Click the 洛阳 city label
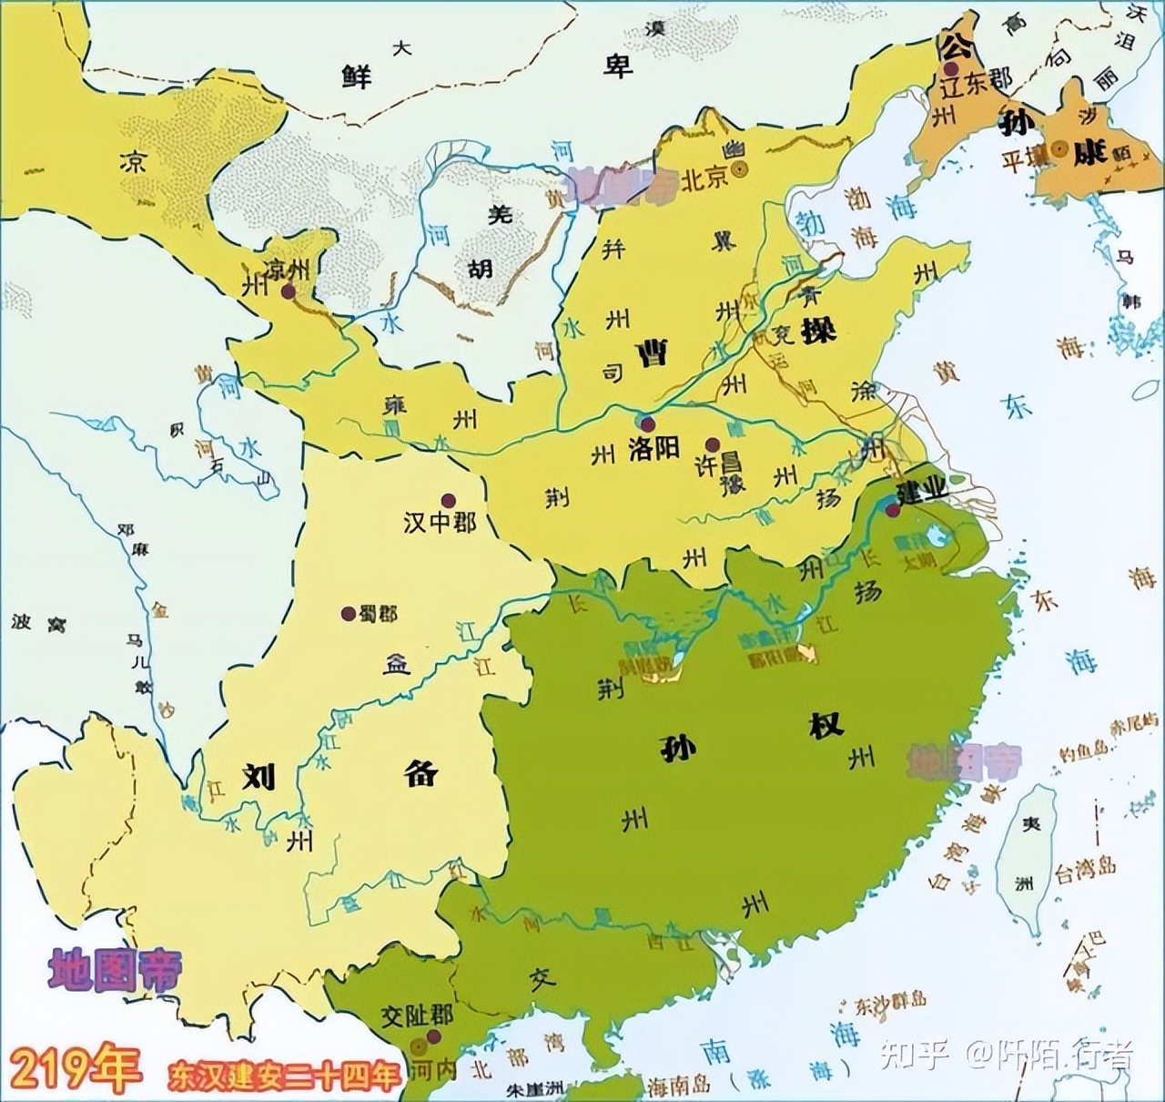point(653,449)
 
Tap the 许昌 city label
point(720,464)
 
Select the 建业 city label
point(922,491)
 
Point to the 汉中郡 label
point(440,523)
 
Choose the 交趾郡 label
point(417,1015)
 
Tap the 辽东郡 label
point(976,80)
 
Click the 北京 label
point(705,179)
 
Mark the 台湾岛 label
point(1084,867)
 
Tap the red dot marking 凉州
point(289,291)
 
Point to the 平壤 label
point(1023,162)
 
